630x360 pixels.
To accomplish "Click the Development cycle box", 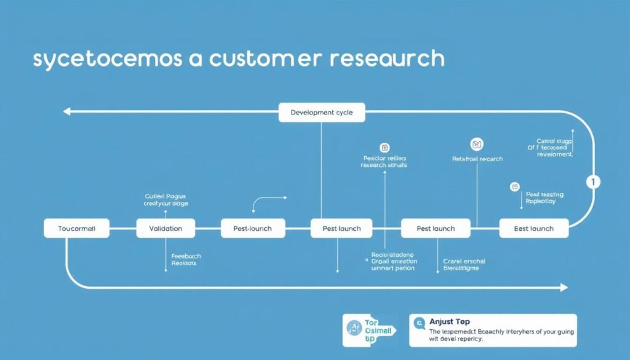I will [x=321, y=113].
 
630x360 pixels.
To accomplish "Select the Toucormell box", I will [x=77, y=228].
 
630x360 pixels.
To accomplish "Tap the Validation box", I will [x=165, y=228].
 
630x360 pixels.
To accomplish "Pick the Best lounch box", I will [x=534, y=228].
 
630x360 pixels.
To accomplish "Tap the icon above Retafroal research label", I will [x=477, y=145].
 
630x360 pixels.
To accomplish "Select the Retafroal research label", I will [x=477, y=159].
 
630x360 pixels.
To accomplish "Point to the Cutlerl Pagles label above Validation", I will [x=166, y=199].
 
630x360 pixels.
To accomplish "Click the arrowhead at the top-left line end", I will [x=66, y=112].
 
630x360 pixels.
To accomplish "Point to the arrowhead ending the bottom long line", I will [x=564, y=287].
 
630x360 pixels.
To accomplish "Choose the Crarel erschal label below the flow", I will [x=465, y=265].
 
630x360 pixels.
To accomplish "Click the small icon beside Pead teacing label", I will [x=515, y=186].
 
